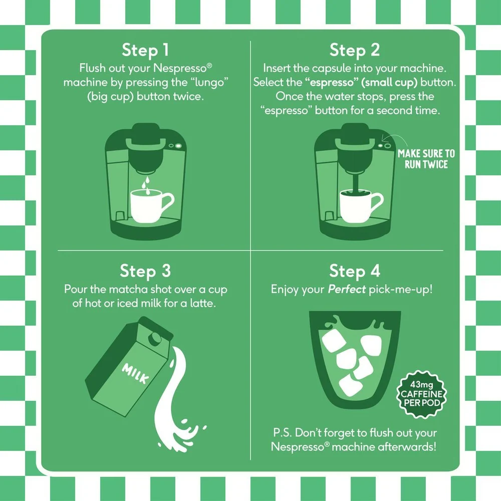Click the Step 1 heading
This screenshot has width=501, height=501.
pos(145,50)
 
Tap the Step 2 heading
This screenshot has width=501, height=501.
pos(355,50)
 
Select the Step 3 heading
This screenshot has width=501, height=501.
pos(145,271)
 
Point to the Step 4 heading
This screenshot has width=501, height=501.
pos(355,271)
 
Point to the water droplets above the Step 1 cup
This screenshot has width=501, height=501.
pos(146,185)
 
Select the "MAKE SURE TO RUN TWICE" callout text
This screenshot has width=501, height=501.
pos(426,159)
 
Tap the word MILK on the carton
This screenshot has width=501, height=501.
pos(135,373)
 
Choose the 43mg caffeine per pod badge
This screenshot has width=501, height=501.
pos(421,394)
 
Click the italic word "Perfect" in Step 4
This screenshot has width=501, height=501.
pos(347,290)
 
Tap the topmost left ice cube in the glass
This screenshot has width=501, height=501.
pos(334,340)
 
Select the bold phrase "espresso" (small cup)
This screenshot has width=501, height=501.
pos(361,83)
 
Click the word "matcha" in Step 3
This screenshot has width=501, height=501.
pos(128,290)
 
